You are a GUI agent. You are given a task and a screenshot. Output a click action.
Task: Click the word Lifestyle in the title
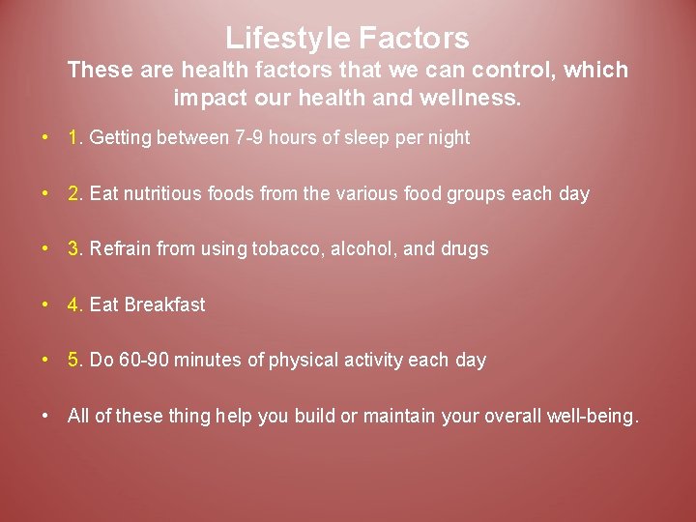[x=288, y=38]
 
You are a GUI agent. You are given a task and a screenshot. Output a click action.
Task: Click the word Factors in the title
[x=414, y=38]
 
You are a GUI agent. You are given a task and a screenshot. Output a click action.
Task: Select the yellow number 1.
[x=75, y=138]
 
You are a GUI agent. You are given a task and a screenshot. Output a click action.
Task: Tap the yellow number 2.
[x=75, y=193]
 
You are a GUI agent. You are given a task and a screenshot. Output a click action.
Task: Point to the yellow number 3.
[x=75, y=248]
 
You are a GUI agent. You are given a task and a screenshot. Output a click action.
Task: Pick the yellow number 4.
[x=75, y=304]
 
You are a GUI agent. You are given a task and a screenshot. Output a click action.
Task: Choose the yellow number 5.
[x=75, y=360]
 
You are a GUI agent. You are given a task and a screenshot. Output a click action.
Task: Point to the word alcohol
[x=364, y=248]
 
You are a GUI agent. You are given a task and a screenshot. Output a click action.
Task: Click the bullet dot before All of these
[x=45, y=416]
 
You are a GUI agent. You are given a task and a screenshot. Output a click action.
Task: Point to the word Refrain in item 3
[x=120, y=248]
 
